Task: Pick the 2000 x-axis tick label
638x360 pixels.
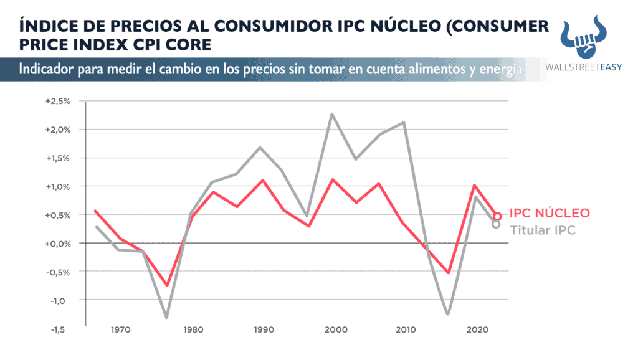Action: point(336,329)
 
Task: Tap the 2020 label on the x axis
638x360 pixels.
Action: point(477,329)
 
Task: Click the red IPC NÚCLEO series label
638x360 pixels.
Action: point(550,213)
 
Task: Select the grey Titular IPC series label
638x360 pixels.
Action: point(542,230)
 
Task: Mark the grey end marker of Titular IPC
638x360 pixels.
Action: point(496,224)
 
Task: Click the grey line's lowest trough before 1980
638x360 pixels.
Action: point(166,317)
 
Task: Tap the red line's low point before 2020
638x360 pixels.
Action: point(447,272)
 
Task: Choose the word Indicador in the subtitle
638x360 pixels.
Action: point(47,69)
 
